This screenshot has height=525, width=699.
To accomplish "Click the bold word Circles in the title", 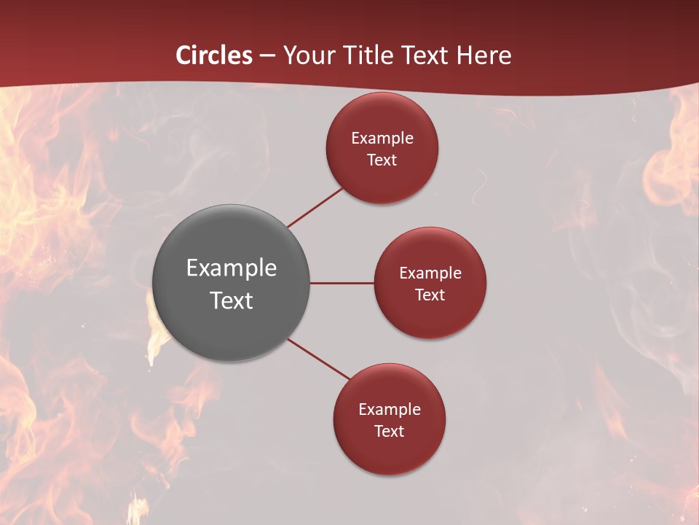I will pos(214,55).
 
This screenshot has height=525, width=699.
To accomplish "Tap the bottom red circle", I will pos(390,452).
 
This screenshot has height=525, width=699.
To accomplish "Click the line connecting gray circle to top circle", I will pos(315,206).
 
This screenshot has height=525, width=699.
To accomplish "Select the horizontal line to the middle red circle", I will pos(342,283).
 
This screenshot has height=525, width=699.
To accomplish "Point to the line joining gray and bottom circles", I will pos(319,359).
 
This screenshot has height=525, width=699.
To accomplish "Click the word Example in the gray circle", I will pos(232,268).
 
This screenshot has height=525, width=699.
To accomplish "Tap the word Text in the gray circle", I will pos(232,300).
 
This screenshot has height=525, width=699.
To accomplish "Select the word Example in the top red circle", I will pos(382,139).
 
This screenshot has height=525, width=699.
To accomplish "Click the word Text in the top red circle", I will pos(382,160).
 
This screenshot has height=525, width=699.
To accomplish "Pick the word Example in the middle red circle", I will pos(430,273).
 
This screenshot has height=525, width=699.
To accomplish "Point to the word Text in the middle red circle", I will pos(430,295).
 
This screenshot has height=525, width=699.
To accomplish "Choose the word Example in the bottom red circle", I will pos(390,410).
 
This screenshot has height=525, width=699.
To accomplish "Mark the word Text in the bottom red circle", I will pos(390,432).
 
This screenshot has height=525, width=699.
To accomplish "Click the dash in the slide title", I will pos(267,55).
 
